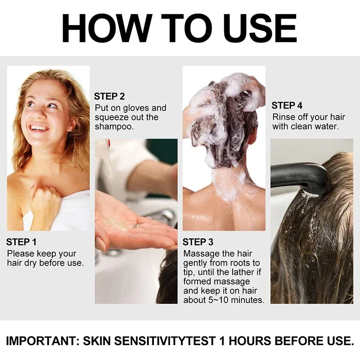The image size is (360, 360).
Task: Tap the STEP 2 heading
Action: (x=109, y=96)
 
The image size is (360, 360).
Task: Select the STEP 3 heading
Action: (x=198, y=243)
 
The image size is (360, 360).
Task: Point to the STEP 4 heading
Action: (x=287, y=106)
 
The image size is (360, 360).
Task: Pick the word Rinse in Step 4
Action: (x=283, y=117)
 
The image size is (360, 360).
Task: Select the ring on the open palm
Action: (x=136, y=225)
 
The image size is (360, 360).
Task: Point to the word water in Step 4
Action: (x=325, y=127)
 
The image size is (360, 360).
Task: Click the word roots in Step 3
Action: (x=242, y=263)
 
